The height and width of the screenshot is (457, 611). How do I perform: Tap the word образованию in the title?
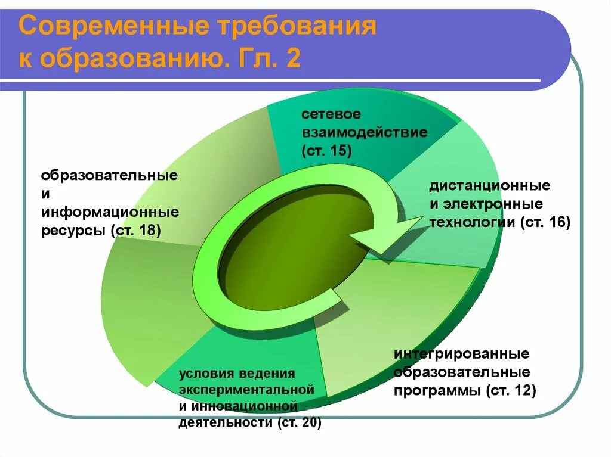click(131, 60)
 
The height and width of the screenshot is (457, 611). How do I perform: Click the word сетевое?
click(331, 113)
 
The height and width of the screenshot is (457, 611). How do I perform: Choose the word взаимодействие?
click(364, 132)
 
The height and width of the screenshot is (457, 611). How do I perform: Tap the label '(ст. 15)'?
click(326, 151)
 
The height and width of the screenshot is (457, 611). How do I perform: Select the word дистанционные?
click(489, 186)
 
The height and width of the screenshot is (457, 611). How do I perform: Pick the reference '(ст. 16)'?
click(545, 223)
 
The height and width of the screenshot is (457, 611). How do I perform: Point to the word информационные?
click(110, 213)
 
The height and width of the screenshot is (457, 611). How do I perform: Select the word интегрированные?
click(461, 355)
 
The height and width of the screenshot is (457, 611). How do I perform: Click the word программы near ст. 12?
click(437, 391)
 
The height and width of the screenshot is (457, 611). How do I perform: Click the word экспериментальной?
click(246, 390)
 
